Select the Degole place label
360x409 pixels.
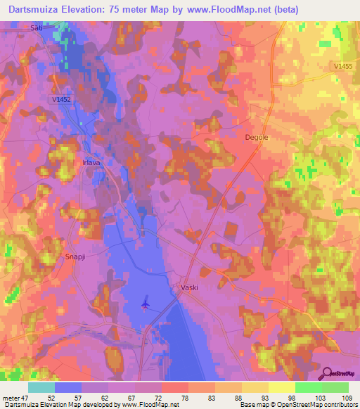256,138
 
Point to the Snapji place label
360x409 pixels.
75,257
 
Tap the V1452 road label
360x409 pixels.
63,100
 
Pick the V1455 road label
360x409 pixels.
344,66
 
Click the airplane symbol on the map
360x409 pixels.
146,304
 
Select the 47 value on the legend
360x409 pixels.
27,397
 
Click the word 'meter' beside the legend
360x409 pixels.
11,397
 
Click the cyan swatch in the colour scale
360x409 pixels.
41,387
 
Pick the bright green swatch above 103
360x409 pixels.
308,387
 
